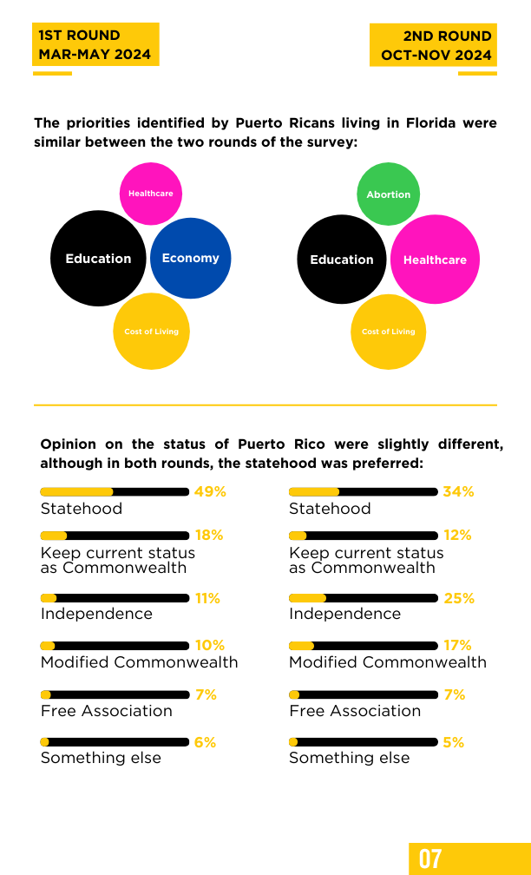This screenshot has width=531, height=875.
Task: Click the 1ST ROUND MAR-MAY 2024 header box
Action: click(95, 44)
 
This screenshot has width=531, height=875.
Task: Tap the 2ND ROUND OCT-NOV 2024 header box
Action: click(433, 45)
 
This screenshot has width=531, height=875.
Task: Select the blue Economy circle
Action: click(190, 259)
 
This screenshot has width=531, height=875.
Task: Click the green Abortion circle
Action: click(388, 194)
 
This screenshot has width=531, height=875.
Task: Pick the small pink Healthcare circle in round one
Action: click(151, 194)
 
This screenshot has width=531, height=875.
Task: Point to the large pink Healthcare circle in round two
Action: click(435, 260)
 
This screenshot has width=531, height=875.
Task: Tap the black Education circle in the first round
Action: click(98, 259)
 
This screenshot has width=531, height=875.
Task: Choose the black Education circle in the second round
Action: click(341, 260)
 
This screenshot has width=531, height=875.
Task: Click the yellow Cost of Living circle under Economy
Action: click(151, 332)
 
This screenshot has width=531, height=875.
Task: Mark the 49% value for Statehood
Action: click(210, 491)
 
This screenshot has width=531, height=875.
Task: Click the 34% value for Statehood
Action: click(458, 491)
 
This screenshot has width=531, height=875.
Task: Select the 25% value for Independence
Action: click(459, 598)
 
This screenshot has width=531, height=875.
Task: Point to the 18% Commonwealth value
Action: click(209, 535)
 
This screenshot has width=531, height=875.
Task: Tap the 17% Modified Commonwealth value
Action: click(458, 645)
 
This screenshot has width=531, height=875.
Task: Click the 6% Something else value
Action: click(206, 742)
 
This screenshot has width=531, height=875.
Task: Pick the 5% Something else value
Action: click(454, 742)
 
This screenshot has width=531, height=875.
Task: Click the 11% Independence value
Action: click(207, 598)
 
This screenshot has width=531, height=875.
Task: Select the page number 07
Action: click(430, 859)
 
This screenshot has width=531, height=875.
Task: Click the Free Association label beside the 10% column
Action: click(107, 710)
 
